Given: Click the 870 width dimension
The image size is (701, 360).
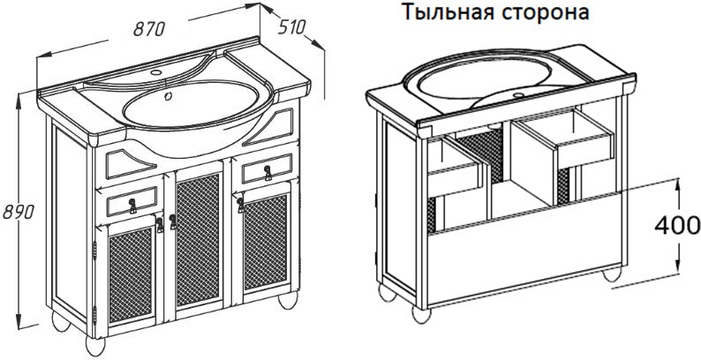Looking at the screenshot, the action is click(x=150, y=29).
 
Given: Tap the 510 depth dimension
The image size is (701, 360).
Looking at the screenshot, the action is click(x=291, y=27).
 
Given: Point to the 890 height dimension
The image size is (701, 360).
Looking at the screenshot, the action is click(x=19, y=212).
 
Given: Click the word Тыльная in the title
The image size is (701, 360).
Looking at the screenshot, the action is click(x=448, y=12).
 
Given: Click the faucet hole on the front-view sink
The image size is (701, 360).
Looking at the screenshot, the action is click(x=156, y=72).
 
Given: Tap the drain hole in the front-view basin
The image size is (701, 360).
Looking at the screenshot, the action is click(x=169, y=96).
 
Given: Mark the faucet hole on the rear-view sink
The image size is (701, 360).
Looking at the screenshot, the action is click(x=519, y=95).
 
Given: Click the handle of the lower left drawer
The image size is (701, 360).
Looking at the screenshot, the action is click(x=132, y=206).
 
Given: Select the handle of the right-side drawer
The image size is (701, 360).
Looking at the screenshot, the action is click(x=268, y=173).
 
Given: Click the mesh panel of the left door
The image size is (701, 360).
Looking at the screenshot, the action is click(x=131, y=274).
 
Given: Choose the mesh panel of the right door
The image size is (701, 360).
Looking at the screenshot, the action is click(x=266, y=242).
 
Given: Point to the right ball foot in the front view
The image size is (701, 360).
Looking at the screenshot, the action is click(x=288, y=299).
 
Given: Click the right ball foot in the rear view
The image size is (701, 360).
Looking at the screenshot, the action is click(x=612, y=274).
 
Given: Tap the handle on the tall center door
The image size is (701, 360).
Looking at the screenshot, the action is click(x=172, y=222).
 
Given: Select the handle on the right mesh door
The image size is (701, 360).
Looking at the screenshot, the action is click(x=240, y=205).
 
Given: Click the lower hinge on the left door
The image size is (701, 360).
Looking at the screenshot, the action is click(x=94, y=314).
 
